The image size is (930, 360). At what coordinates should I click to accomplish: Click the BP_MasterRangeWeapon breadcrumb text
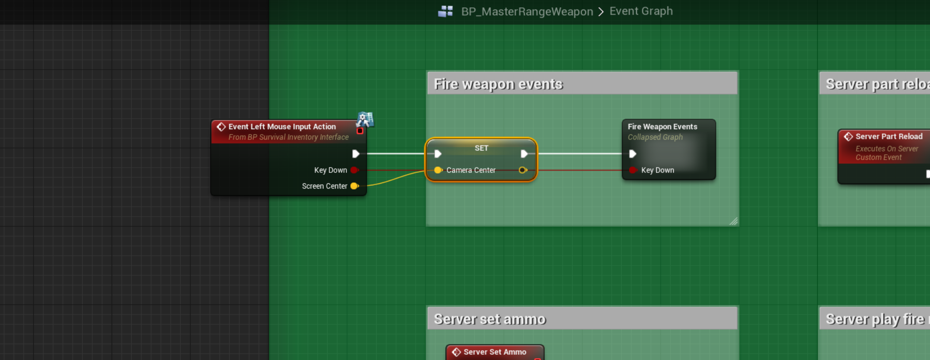point(527,11)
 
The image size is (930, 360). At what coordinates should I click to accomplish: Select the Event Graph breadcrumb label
point(641,11)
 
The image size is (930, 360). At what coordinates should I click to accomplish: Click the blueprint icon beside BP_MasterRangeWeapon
point(445,11)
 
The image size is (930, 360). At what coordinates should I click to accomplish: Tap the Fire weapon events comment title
point(498,84)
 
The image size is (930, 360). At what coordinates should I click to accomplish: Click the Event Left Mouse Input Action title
point(282,126)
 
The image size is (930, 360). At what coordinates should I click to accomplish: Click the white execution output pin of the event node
point(356,154)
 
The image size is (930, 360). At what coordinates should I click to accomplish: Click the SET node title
point(481,148)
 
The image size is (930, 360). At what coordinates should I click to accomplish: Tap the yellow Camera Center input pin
point(438,170)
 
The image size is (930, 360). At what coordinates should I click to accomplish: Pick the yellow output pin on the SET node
point(523,170)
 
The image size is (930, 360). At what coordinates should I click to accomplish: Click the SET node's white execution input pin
point(438,154)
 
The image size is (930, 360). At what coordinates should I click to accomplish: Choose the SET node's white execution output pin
point(524,154)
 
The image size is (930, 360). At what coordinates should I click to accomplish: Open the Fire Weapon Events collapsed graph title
point(662,126)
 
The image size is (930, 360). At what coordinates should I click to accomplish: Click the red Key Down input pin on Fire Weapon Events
point(633,170)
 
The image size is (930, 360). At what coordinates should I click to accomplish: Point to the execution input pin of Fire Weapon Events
point(633,154)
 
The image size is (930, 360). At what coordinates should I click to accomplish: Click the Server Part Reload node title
point(889,136)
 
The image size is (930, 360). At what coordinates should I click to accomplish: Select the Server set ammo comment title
point(489,319)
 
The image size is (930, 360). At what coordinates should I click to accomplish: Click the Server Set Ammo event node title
point(494,352)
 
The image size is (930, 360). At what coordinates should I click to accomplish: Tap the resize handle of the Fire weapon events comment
point(733,221)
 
